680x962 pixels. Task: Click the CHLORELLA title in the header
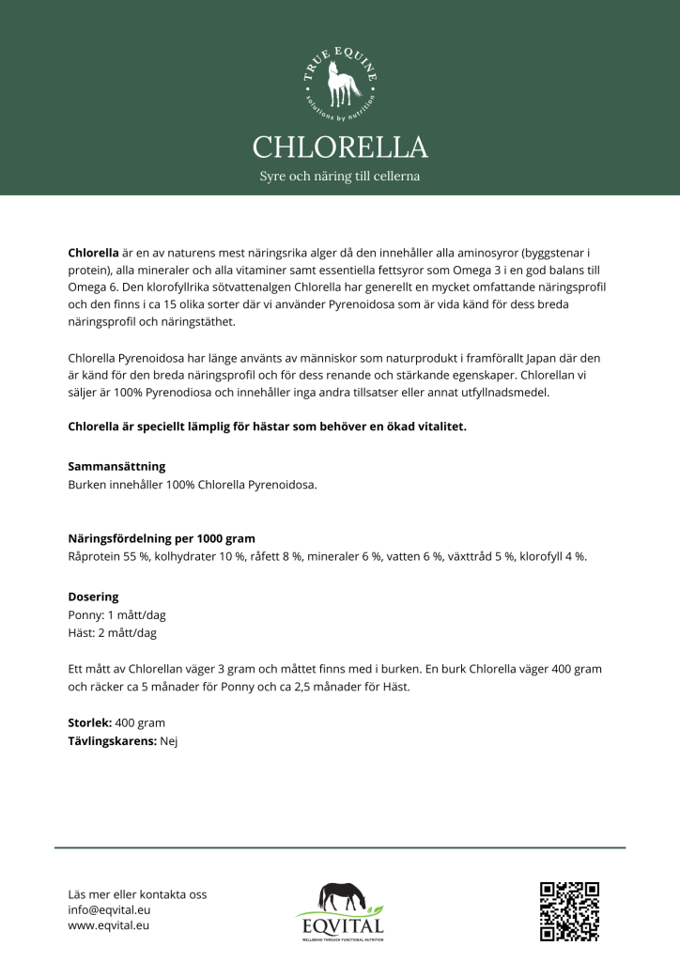(340, 147)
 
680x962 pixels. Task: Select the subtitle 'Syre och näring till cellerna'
(340, 177)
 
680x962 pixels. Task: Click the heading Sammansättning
(117, 466)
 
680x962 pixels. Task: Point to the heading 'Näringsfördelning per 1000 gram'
(162, 539)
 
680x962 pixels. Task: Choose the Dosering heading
(94, 597)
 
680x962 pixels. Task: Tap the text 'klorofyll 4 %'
(552, 556)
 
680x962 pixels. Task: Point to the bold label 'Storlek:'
(90, 722)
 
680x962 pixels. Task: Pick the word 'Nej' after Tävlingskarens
(169, 740)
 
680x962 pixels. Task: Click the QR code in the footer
(569, 910)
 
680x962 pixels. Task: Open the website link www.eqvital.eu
(109, 925)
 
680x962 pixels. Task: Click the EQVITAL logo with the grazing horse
(340, 910)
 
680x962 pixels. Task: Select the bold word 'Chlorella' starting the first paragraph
(94, 254)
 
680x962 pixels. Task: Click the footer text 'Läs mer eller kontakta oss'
(137, 893)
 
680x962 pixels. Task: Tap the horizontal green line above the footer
(340, 847)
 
